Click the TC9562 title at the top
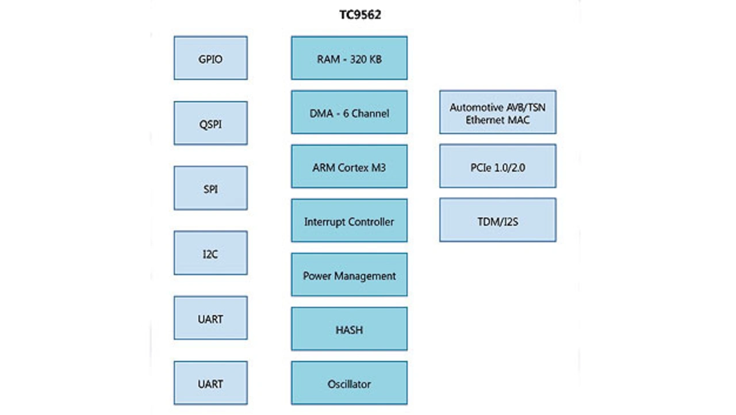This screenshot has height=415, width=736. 360,16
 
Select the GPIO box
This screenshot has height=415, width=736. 210,58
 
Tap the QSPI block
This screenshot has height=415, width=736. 210,123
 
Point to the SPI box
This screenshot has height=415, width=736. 210,188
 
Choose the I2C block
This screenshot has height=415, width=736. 210,253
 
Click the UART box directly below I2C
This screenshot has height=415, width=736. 210,318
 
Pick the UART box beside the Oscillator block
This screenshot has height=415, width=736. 210,383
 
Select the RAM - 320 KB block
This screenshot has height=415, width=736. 349,58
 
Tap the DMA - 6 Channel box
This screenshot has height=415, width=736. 349,112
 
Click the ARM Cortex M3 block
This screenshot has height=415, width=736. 349,166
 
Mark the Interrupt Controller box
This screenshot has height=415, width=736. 349,221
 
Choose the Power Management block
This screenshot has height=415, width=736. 349,275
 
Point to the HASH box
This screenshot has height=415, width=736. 349,329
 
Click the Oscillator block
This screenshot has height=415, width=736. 349,383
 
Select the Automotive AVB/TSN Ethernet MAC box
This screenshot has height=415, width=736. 498,112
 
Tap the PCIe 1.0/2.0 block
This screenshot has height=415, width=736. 498,166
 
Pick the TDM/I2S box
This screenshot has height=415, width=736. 498,220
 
